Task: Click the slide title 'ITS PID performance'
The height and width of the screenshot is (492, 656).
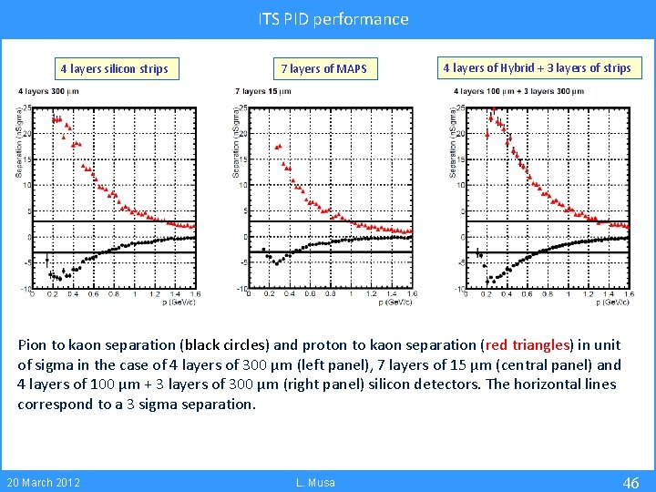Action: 333,19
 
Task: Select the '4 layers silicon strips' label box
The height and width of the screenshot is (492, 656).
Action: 114,68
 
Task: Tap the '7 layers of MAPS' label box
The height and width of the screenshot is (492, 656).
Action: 323,68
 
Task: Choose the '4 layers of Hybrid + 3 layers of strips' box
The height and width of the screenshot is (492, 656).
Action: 537,67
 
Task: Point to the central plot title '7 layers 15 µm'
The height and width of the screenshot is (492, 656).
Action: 263,91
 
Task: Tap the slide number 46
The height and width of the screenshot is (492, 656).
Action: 630,482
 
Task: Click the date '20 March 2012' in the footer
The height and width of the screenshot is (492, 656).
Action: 43,482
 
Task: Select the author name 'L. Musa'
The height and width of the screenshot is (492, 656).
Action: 317,482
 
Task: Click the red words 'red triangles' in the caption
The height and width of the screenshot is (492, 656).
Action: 527,345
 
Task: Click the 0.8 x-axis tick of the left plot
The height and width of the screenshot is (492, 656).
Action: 113,293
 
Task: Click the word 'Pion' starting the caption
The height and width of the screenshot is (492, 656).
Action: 34,345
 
